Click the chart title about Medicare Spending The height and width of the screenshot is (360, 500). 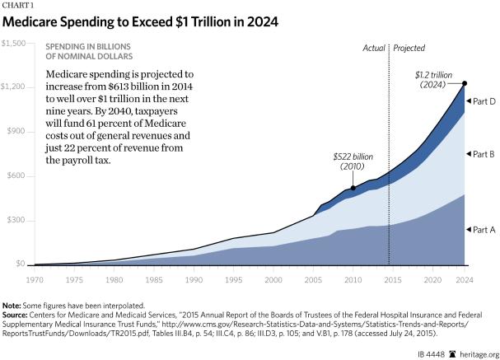pos(140,21)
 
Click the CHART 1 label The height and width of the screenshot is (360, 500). pos(16,5)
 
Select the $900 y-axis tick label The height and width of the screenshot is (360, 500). pos(16,132)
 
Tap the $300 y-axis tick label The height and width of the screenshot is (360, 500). pos(16,221)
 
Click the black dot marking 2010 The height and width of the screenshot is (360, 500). pos(353,189)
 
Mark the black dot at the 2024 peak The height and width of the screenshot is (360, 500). pos(464,83)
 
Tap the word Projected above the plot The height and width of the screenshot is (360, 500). pos(409,49)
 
